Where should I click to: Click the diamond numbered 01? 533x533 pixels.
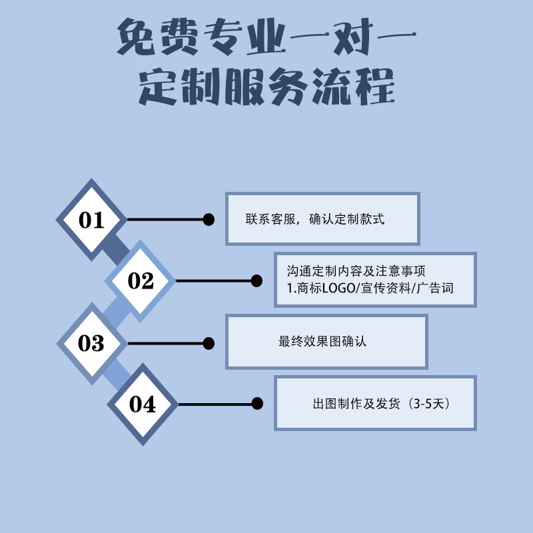[91, 220]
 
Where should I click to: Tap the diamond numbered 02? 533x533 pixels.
[141, 281]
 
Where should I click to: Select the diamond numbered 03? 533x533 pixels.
[91, 343]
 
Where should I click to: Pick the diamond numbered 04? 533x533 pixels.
[142, 404]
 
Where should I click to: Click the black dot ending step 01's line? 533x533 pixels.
[209, 219]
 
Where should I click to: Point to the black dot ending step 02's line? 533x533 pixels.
[257, 281]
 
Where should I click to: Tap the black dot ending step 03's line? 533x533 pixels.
[209, 343]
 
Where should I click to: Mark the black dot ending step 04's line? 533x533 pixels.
[257, 404]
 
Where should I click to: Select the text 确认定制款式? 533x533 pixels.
[347, 219]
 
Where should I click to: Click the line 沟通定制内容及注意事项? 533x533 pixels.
[356, 272]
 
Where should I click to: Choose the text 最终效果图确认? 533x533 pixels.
[322, 342]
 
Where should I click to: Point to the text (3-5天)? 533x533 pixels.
[433, 404]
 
